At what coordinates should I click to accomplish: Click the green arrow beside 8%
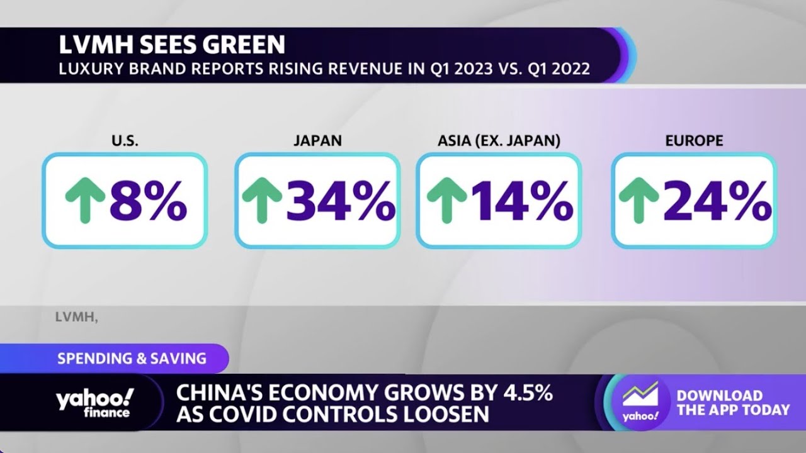click(x=85, y=200)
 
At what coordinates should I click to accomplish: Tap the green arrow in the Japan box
click(x=262, y=200)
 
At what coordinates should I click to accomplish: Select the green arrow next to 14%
click(x=447, y=200)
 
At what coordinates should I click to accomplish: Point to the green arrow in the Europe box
click(x=639, y=200)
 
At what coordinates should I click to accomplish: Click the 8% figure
click(x=148, y=201)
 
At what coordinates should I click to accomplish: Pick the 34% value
click(x=341, y=201)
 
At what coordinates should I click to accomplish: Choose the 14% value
click(x=522, y=201)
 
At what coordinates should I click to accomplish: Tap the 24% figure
click(x=717, y=201)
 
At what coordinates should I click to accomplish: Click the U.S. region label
click(x=125, y=140)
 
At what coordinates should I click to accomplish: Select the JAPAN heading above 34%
click(x=318, y=140)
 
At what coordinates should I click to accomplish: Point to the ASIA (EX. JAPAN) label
click(x=499, y=140)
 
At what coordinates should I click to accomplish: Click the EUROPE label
click(x=694, y=140)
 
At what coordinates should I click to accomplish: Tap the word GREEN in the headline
click(x=244, y=45)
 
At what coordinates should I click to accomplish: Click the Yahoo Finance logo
click(x=94, y=403)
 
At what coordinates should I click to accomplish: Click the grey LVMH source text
click(x=76, y=317)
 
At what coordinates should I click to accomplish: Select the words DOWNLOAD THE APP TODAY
click(x=733, y=403)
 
